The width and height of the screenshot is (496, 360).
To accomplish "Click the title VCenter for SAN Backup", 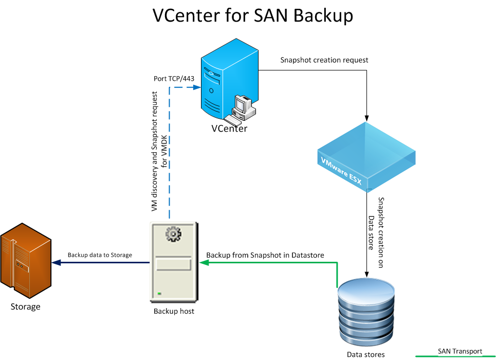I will pos(253,15).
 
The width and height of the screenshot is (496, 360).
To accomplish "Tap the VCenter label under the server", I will pos(229,129).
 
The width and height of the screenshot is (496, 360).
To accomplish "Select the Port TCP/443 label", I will pos(174,79).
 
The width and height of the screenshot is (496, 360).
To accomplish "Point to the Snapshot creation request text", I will pos(324,60).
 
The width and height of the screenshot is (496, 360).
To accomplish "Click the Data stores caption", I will pos(365,354).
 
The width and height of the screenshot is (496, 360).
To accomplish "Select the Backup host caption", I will pos(174,311).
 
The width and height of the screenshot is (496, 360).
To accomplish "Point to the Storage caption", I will pos(25,307).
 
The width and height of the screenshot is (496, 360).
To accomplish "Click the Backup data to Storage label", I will pos(100,255).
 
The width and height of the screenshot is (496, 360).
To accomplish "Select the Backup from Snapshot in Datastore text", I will pos(268,255).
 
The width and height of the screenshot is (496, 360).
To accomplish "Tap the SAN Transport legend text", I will pos(460,351).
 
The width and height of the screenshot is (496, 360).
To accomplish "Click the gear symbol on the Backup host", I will pos(174,235).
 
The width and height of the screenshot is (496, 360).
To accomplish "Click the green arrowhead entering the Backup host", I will pos(204,263).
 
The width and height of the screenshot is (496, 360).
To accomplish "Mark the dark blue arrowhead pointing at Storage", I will pos(57,263).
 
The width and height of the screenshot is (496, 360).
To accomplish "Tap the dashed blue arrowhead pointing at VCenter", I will pos(196,87).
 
